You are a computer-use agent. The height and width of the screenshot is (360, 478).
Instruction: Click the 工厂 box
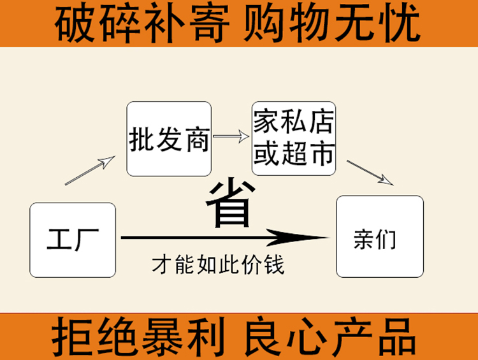pyautogui.click(x=73, y=240)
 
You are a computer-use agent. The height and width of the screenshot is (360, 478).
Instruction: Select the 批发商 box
pyautogui.click(x=169, y=139)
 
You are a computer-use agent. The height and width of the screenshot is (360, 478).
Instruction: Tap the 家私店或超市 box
pyautogui.click(x=294, y=138)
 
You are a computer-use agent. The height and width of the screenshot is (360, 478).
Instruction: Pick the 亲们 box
pyautogui.click(x=380, y=236)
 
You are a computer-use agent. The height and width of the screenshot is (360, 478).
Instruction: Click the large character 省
pyautogui.click(x=230, y=204)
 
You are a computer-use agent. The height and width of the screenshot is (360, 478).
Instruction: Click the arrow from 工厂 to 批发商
pyautogui.click(x=90, y=170)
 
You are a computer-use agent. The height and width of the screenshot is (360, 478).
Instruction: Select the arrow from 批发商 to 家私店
pyautogui.click(x=231, y=136)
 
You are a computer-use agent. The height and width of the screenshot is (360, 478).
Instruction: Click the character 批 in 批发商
pyautogui.click(x=142, y=140)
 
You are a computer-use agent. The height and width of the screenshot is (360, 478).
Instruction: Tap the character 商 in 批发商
pyautogui.click(x=196, y=140)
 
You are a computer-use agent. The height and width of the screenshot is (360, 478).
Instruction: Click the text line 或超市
pyautogui.click(x=294, y=153)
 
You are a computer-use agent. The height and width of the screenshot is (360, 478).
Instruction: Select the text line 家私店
pyautogui.click(x=294, y=122)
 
